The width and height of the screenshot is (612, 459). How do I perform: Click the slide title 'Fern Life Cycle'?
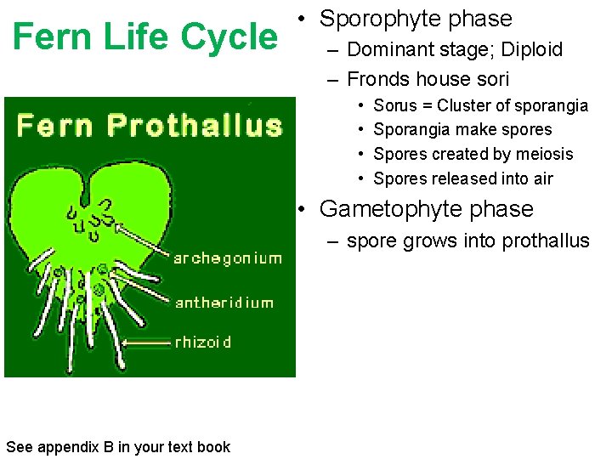[x=145, y=37]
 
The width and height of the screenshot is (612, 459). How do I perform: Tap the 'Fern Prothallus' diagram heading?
[x=149, y=127]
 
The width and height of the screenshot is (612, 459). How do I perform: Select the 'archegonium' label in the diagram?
[x=227, y=258]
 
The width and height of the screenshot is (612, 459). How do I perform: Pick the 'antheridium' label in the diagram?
[x=224, y=303]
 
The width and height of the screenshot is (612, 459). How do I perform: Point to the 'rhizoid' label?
[x=202, y=342]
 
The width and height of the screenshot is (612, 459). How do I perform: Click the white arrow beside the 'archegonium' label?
[x=142, y=240]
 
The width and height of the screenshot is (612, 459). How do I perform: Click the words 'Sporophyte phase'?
[x=416, y=19]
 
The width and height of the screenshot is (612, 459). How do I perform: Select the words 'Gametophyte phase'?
[x=426, y=209]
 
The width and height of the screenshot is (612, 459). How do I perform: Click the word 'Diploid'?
[x=532, y=49]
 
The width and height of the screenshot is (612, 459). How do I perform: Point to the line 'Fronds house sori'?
[x=428, y=80]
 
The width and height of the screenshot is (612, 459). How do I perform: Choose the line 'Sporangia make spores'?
[x=462, y=130]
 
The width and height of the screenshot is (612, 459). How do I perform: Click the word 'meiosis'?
[x=544, y=154]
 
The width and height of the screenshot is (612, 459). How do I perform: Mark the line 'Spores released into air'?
[x=463, y=178]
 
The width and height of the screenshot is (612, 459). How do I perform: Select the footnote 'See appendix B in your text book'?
[x=117, y=447]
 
